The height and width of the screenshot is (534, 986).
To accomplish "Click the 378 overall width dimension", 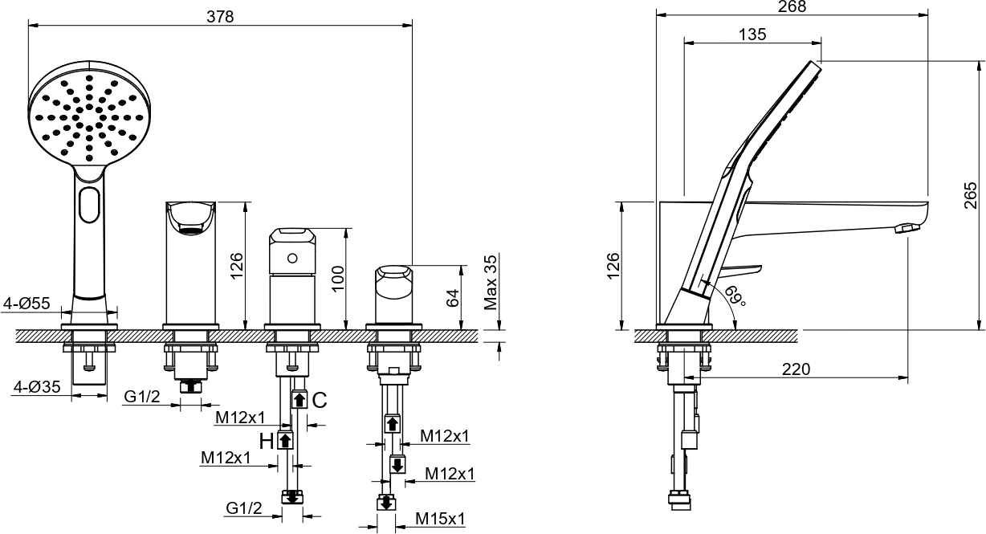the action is (220, 17).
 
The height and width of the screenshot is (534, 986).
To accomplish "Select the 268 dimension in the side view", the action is (792, 6).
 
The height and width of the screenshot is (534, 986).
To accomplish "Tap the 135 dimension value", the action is (752, 35).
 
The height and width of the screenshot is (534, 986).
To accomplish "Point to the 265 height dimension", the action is (970, 195).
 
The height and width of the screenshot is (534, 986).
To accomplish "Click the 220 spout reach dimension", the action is (796, 369).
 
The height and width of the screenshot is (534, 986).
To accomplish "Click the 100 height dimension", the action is (337, 278).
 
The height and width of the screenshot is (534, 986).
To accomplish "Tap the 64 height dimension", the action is (453, 298).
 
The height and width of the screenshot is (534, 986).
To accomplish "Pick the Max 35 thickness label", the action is (491, 282).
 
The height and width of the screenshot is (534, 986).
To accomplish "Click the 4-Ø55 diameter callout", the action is (26, 304).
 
